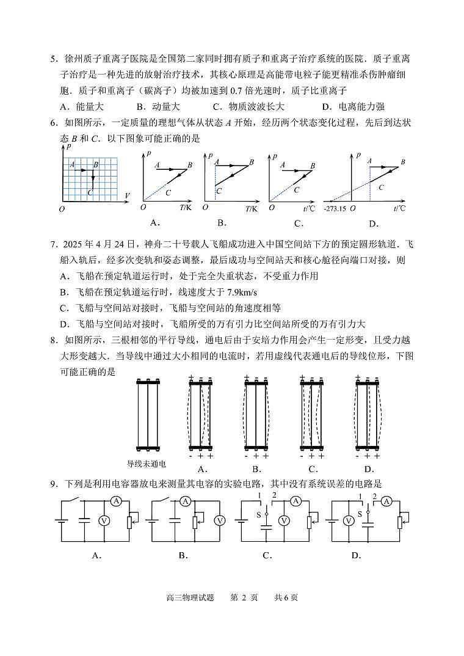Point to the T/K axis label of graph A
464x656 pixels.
pos(185,208)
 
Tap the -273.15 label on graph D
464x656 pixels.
pos(335,208)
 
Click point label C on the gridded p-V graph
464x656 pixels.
pos(90,193)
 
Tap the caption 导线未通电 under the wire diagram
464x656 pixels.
pos(146,465)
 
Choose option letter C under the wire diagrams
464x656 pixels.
pos(313,469)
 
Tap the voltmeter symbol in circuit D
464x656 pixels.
pos(349,520)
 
